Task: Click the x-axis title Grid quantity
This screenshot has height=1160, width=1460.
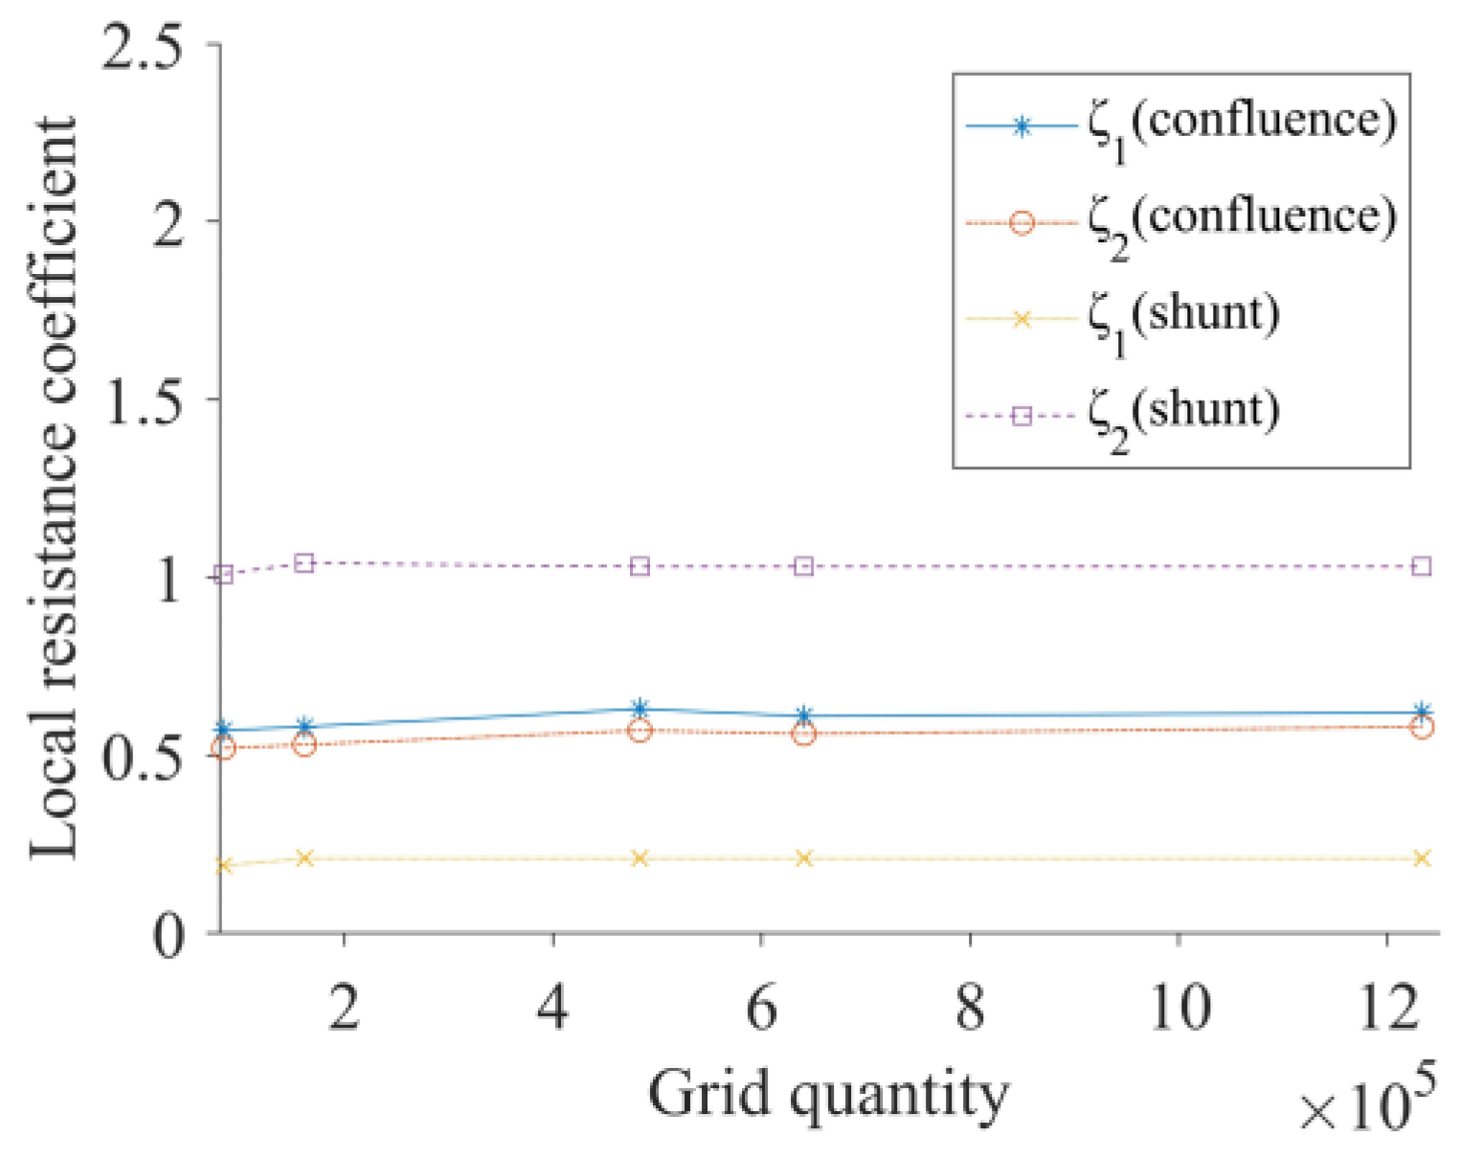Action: coord(828,1094)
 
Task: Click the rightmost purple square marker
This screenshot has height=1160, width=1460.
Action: coord(1423,566)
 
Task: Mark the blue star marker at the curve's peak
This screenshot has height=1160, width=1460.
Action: coord(640,709)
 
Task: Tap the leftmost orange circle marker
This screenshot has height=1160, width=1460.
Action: coord(224,748)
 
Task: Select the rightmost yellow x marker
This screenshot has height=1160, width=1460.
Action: coord(1423,858)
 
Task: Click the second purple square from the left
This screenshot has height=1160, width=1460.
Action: coord(304,563)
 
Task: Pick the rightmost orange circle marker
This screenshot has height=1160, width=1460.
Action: coord(1423,727)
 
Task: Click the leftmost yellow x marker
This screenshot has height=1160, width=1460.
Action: coord(224,865)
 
